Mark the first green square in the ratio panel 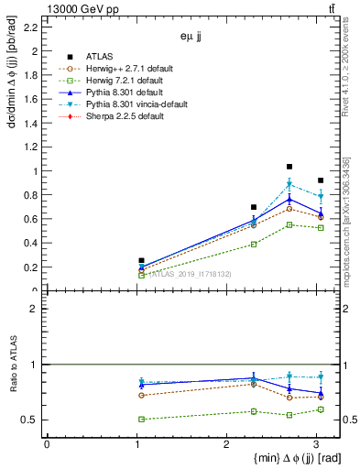pyautogui.click(x=140, y=419)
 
